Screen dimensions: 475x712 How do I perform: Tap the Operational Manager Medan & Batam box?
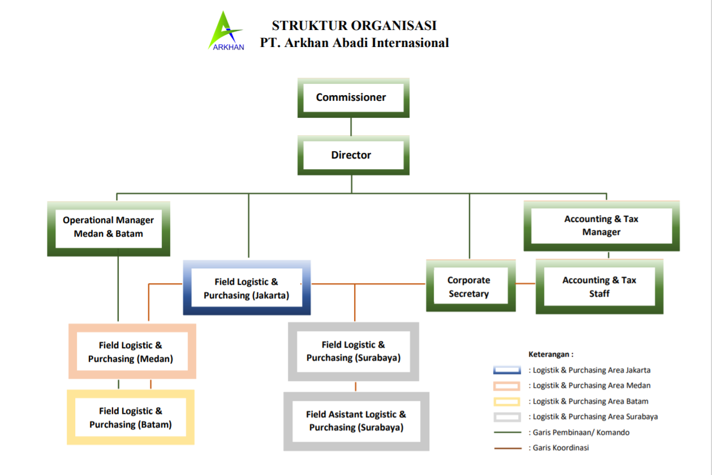point(109,227)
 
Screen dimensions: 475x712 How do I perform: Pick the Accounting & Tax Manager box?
point(601,225)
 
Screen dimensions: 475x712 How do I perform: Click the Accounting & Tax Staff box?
point(599,286)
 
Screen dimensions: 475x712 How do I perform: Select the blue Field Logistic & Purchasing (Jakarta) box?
point(247,288)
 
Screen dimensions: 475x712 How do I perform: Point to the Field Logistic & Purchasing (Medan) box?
point(131,352)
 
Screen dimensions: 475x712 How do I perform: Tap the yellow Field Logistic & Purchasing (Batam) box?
point(131,418)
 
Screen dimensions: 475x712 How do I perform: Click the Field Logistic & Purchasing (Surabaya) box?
point(353,351)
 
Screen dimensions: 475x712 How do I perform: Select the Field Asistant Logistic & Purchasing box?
point(356,421)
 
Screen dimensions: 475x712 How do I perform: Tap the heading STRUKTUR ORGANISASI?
point(354,25)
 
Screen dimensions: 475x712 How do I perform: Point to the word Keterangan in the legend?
point(550,354)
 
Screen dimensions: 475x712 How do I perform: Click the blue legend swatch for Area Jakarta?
point(507,370)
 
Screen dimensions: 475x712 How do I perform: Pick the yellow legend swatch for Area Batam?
point(507,401)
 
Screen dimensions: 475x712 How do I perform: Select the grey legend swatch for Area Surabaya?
point(507,417)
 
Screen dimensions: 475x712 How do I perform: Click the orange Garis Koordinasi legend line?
point(507,448)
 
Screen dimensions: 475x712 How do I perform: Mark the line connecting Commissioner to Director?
point(351,126)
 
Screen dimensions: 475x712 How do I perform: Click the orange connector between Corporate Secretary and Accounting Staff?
point(525,283)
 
